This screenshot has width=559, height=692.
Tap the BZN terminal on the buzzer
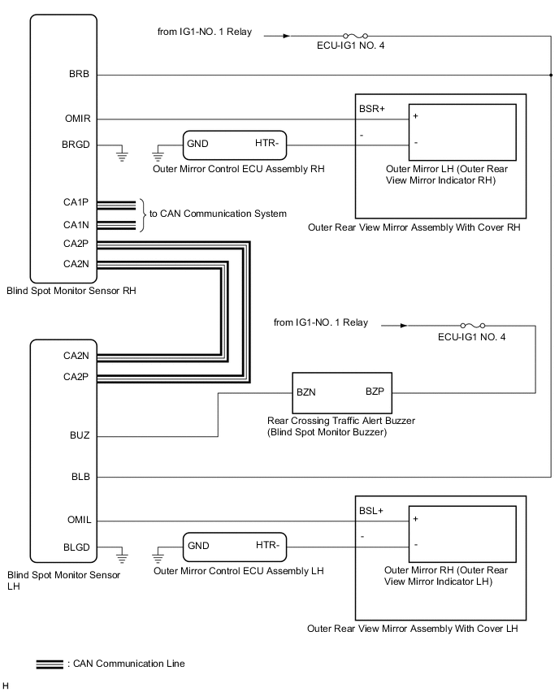(x=306, y=391)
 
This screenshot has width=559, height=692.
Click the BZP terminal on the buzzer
(x=375, y=391)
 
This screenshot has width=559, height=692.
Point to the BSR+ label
(x=370, y=108)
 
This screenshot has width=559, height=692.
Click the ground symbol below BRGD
(x=123, y=154)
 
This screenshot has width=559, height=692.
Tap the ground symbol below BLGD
(x=123, y=557)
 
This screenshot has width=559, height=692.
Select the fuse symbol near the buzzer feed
(x=472, y=325)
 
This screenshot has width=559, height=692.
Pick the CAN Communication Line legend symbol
(x=50, y=664)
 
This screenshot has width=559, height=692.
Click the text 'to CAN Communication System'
(x=218, y=214)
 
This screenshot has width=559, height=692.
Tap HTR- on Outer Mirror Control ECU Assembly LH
(x=267, y=547)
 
